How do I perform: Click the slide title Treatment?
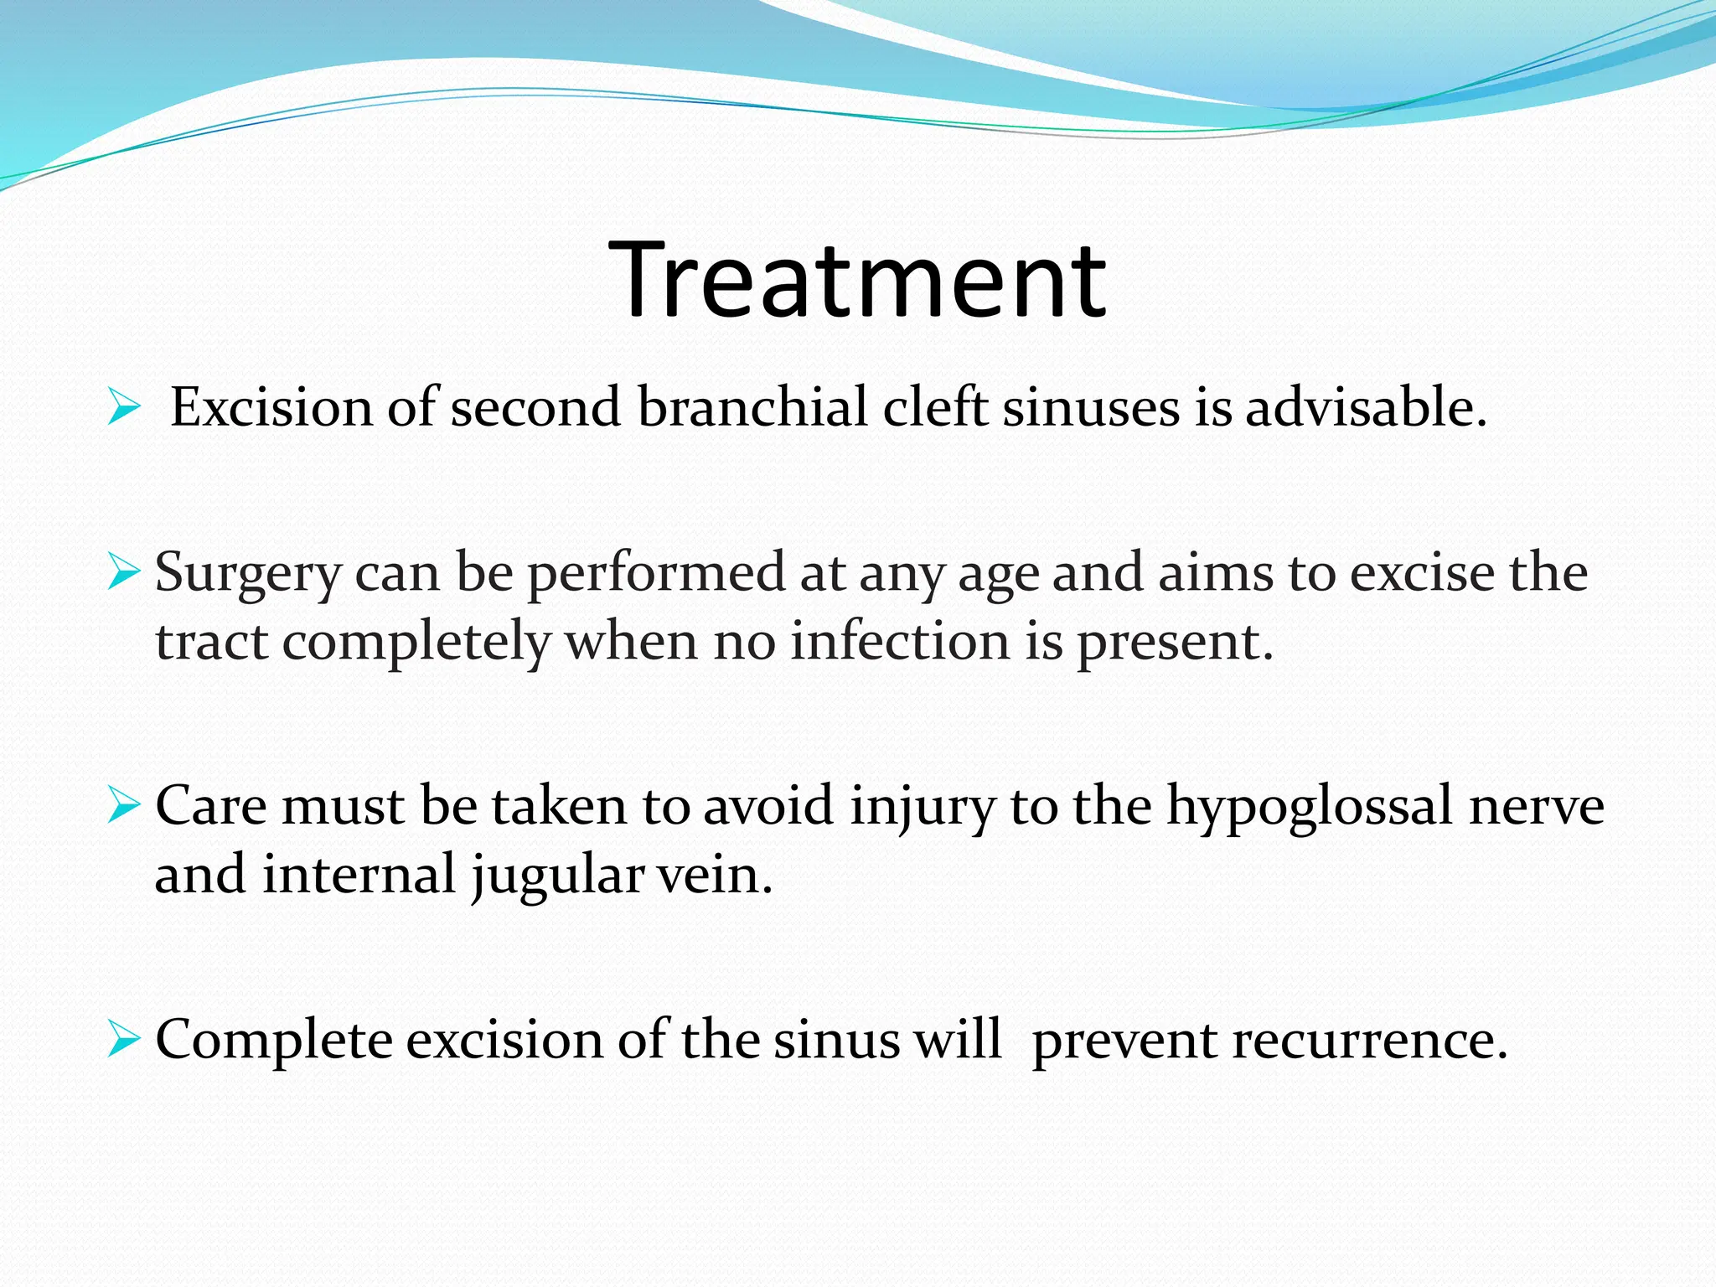click(x=857, y=280)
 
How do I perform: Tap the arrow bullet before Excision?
click(x=123, y=409)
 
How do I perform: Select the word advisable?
click(x=1365, y=407)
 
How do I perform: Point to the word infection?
click(x=901, y=643)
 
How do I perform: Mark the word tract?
click(x=211, y=643)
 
